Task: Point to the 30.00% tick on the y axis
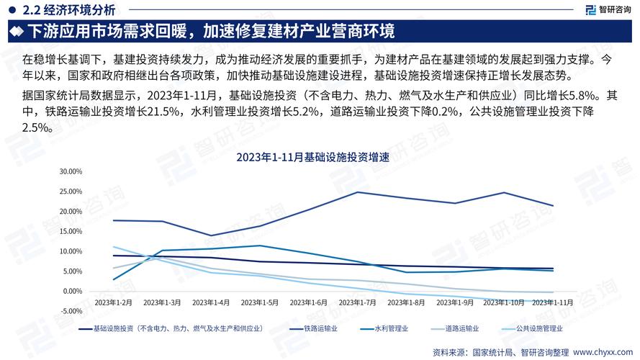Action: click(x=72, y=171)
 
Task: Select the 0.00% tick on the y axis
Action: click(x=73, y=291)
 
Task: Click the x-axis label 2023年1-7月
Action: click(x=357, y=302)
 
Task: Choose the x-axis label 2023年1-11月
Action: click(x=552, y=302)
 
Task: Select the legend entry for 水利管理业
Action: click(x=392, y=328)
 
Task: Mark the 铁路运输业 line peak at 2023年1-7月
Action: click(x=357, y=192)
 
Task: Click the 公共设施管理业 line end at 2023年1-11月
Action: click(x=553, y=301)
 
